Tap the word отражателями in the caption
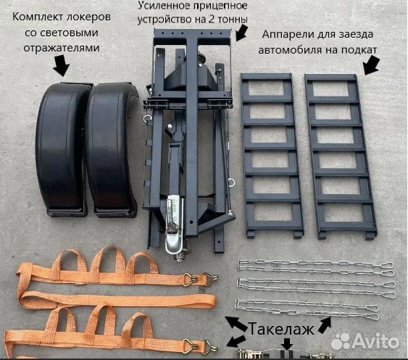tap(62, 48)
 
